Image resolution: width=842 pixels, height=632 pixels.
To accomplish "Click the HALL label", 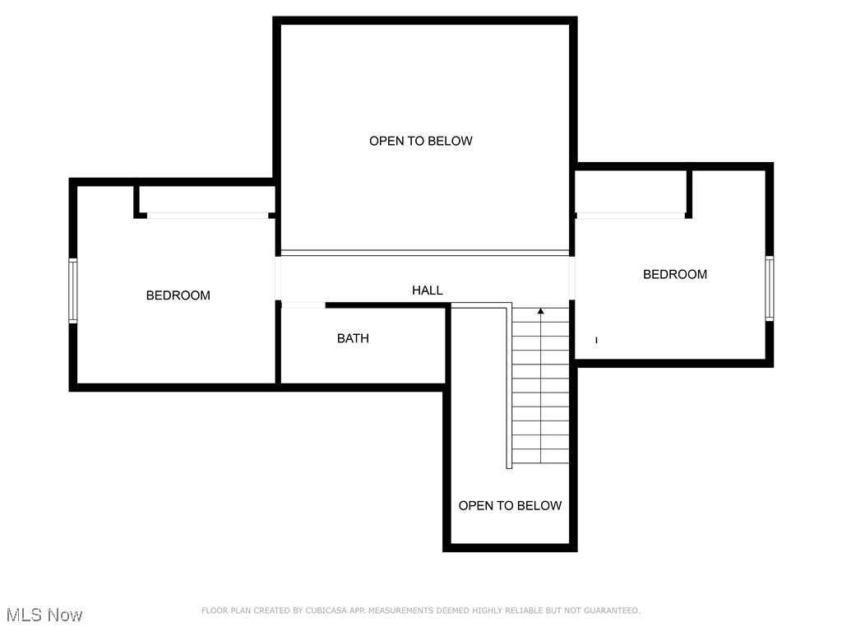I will pos(427,290).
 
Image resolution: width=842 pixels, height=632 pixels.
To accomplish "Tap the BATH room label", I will pos(353,338).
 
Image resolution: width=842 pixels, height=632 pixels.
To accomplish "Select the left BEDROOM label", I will pos(178,295).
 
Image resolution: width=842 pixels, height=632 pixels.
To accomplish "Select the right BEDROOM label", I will pos(674,275).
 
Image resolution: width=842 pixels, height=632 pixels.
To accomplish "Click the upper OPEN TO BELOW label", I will pos(420,141).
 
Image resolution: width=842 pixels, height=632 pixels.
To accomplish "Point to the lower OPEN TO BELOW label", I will pos(510,506).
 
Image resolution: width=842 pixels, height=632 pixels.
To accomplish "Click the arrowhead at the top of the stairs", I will pos(540,311).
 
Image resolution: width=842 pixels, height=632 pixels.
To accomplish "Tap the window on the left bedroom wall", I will pos(73,290).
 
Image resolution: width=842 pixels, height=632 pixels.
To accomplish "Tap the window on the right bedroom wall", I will pos(769,288).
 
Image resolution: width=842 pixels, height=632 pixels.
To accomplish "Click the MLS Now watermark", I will pos(44,615).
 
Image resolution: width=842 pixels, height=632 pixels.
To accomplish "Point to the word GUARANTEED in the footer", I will pos(609,611).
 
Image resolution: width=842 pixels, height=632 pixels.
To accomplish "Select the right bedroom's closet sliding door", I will pos(631,216).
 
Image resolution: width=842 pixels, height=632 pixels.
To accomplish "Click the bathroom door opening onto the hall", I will pos(303,305).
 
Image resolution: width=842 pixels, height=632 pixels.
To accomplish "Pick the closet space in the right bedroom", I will pos(631,191).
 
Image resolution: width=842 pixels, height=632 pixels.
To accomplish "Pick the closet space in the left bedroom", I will pos(206,198).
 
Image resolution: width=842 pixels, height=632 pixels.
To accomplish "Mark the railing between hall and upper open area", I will pos(424,253).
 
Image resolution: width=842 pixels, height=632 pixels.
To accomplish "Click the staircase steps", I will pos(540,387).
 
